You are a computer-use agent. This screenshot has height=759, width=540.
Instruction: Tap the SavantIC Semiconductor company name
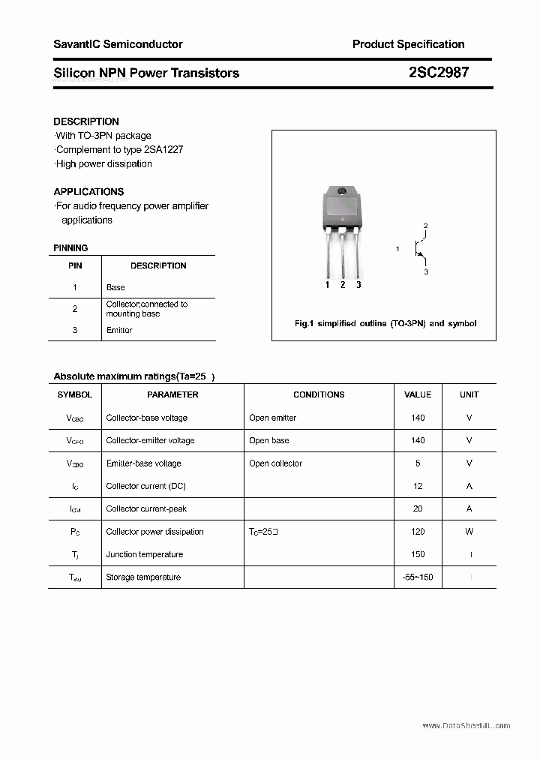118,44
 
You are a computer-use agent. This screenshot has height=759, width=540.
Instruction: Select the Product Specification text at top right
408,44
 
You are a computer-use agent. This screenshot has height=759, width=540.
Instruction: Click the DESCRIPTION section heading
86,121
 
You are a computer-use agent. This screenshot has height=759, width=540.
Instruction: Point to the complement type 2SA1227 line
119,149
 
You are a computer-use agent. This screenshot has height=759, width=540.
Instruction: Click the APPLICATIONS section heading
88,191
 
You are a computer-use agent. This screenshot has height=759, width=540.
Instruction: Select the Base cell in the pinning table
115,287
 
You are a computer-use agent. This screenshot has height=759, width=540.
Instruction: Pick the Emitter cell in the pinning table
119,330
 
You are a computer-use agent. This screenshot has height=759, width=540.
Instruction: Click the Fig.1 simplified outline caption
385,323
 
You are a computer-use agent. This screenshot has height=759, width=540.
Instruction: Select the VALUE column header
418,394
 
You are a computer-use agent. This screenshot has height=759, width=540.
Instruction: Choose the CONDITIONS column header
319,394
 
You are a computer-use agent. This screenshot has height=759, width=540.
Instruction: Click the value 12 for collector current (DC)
418,486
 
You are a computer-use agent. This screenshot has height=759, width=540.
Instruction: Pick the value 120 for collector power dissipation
418,532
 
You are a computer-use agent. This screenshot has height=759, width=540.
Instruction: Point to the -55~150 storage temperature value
418,577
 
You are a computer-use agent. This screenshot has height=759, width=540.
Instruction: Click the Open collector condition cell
275,463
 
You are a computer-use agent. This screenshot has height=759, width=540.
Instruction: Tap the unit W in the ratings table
469,532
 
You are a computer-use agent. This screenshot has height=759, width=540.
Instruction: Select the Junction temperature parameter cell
144,554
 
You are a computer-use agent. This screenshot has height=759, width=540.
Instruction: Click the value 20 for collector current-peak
418,508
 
